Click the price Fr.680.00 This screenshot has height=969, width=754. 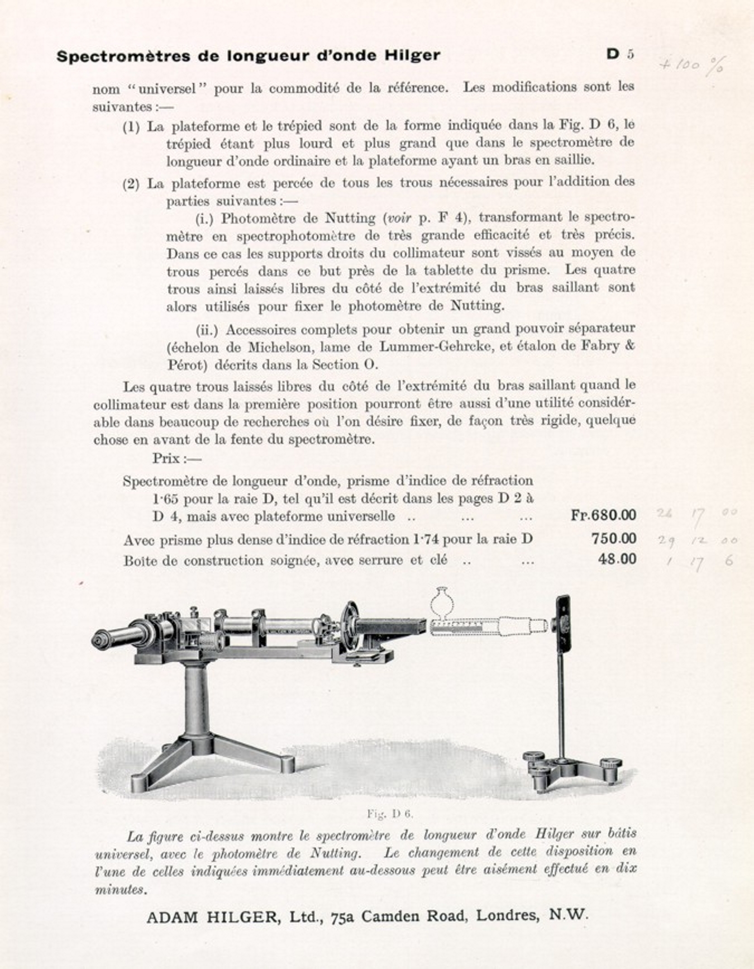pos(603,515)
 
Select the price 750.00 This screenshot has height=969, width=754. pos(613,538)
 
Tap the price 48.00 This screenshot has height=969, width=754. pos(617,559)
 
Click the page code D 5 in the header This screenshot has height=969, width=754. pos(620,54)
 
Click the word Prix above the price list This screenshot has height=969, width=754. pos(166,459)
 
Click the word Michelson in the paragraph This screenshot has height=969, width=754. pos(279,347)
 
